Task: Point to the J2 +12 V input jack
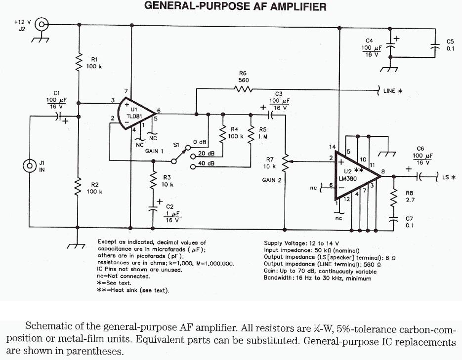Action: pyautogui.click(x=42, y=24)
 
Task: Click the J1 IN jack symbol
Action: pyautogui.click(x=31, y=166)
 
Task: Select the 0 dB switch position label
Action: pyautogui.click(x=200, y=143)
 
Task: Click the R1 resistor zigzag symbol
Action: pyautogui.click(x=79, y=63)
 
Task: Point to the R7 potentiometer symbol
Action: pyautogui.click(x=285, y=160)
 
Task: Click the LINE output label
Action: pyautogui.click(x=393, y=91)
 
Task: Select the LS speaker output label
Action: pyautogui.click(x=448, y=177)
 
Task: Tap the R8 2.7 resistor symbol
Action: pyautogui.click(x=393, y=197)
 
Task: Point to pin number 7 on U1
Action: pyautogui.click(x=126, y=91)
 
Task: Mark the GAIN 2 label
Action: pyautogui.click(x=272, y=180)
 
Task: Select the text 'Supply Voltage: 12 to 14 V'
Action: pyautogui.click(x=301, y=243)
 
